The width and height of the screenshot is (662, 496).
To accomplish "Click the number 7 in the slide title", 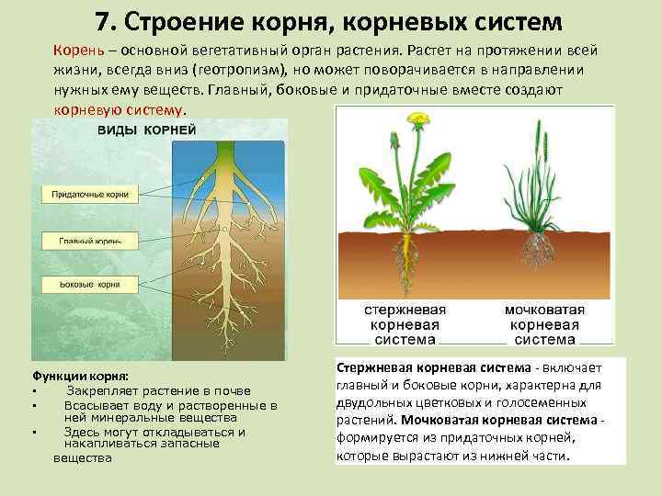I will pyautogui.click(x=102, y=20).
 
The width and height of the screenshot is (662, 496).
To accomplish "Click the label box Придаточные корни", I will pyautogui.click(x=89, y=194).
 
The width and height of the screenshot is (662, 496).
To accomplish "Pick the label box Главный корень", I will pyautogui.click(x=89, y=241).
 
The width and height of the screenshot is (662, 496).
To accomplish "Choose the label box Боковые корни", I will pyautogui.click(x=89, y=285).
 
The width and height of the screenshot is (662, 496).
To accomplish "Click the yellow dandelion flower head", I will pyautogui.click(x=419, y=118).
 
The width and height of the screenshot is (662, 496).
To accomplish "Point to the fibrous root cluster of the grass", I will pyautogui.click(x=532, y=248).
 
